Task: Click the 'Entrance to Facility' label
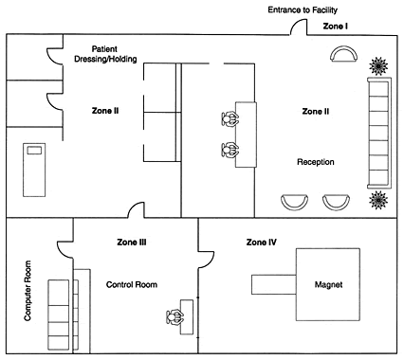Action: click(x=303, y=10)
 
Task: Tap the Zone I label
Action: click(x=336, y=27)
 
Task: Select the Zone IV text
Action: click(x=262, y=243)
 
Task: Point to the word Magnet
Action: click(x=328, y=284)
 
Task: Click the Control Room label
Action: click(x=132, y=284)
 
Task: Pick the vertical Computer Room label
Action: click(x=28, y=291)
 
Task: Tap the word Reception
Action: click(x=316, y=162)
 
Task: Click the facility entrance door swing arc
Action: click(x=298, y=26)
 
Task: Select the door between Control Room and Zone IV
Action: click(x=207, y=259)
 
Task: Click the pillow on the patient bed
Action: click(x=34, y=151)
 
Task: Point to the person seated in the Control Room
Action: click(x=174, y=317)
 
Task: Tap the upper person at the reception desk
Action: click(x=230, y=119)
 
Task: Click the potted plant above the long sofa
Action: click(x=378, y=66)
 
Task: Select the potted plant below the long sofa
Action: click(x=378, y=200)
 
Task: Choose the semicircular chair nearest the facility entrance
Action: click(x=344, y=54)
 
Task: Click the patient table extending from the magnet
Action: click(x=274, y=284)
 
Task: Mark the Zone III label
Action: click(x=132, y=243)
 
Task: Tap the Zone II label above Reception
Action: click(x=316, y=112)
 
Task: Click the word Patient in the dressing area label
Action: click(x=104, y=49)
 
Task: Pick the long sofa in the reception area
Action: click(x=379, y=133)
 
